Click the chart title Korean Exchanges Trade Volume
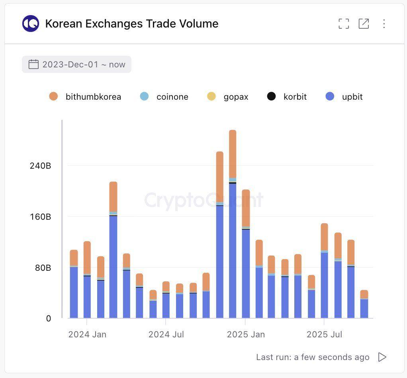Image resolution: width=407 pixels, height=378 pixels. pyautogui.click(x=131, y=24)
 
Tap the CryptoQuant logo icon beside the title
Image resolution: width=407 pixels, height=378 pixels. pyautogui.click(x=31, y=24)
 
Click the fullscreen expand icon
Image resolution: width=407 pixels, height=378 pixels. pyautogui.click(x=343, y=24)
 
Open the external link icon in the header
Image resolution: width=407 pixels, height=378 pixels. pyautogui.click(x=364, y=24)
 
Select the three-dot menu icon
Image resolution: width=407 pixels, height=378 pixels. pyautogui.click(x=384, y=24)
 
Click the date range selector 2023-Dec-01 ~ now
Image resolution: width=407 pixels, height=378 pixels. pyautogui.click(x=76, y=65)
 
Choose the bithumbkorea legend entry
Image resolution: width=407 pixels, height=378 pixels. pyautogui.click(x=85, y=96)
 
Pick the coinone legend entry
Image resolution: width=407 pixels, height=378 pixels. pyautogui.click(x=164, y=96)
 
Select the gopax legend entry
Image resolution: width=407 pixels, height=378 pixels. pyautogui.click(x=228, y=96)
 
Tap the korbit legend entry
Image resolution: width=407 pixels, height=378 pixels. pyautogui.click(x=287, y=96)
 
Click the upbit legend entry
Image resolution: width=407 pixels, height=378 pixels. pyautogui.click(x=344, y=96)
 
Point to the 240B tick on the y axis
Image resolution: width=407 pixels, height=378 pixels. pyautogui.click(x=40, y=166)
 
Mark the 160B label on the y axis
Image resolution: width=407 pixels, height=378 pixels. pyautogui.click(x=40, y=217)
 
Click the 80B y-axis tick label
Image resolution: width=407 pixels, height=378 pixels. pyautogui.click(x=43, y=268)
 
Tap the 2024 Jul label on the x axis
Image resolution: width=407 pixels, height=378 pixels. pyautogui.click(x=166, y=335)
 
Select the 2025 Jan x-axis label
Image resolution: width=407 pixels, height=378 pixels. pyautogui.click(x=246, y=335)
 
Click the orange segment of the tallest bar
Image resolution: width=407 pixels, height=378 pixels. pyautogui.click(x=233, y=154)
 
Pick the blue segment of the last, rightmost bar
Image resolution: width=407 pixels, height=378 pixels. pyautogui.click(x=364, y=309)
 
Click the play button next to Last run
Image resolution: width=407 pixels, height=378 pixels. pyautogui.click(x=382, y=357)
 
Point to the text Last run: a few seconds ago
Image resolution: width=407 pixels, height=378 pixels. pyautogui.click(x=313, y=357)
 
